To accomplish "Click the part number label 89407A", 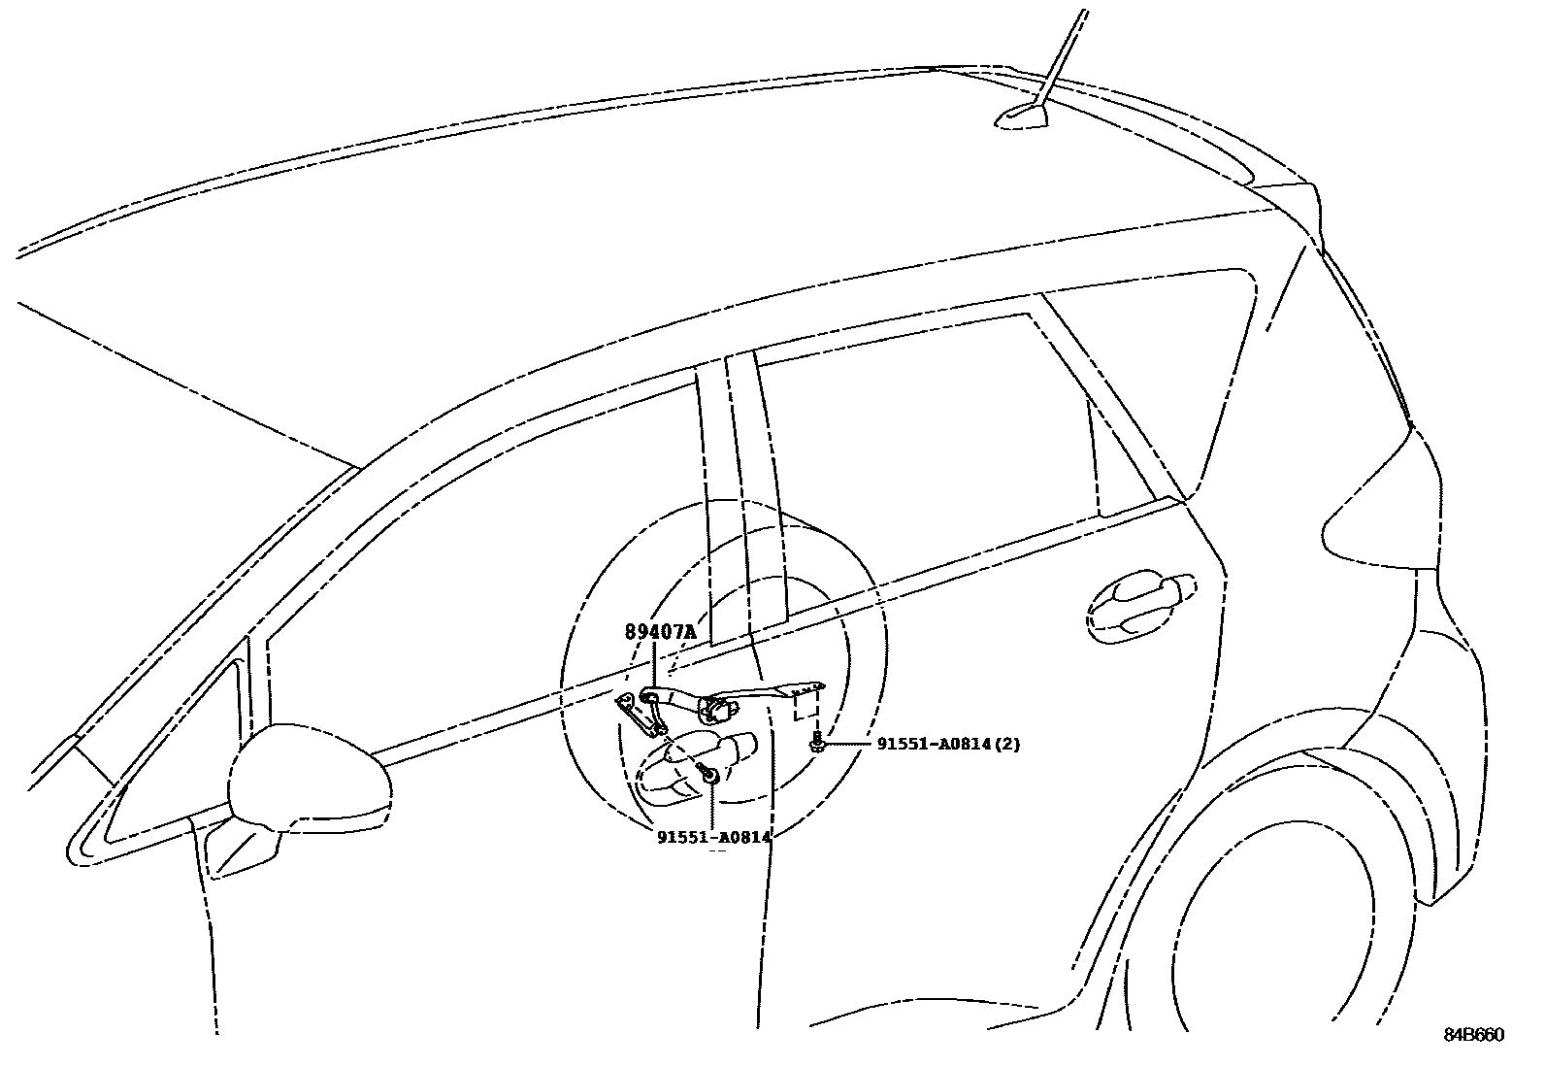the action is coord(661,631).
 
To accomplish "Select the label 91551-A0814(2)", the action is coord(948,744).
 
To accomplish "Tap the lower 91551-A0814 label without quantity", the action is coord(713,837).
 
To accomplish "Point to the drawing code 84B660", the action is coord(1474,1035).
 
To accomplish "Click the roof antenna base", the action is coord(1021,117).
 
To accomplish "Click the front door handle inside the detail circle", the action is coord(693,766).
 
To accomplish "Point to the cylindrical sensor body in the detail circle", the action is coord(717,709).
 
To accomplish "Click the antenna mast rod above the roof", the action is coord(1060,59).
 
